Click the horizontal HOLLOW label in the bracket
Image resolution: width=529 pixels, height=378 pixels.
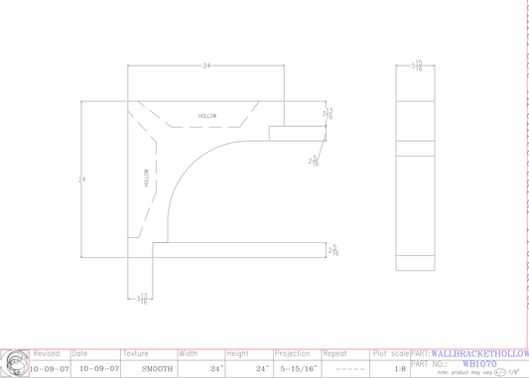(x=207, y=116)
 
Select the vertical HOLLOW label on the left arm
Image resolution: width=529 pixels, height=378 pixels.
(x=146, y=179)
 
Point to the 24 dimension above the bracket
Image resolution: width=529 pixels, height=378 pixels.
(x=206, y=65)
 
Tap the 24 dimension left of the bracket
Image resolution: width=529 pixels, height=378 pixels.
(x=81, y=180)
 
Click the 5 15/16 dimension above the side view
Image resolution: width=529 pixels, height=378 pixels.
(x=418, y=65)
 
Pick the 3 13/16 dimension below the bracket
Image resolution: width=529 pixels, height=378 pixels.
(x=142, y=298)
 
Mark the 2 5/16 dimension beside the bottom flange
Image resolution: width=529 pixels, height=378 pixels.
(x=333, y=252)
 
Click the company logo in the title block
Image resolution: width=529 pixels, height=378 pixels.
(x=15, y=363)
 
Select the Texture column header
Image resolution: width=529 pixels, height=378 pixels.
(x=136, y=353)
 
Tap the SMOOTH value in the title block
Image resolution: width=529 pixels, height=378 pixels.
(x=157, y=368)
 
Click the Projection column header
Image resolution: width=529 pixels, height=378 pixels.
(x=293, y=353)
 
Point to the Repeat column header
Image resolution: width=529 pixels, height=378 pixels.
(x=335, y=353)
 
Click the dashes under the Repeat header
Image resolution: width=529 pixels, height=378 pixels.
(x=350, y=368)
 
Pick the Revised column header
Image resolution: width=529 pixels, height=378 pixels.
(x=47, y=353)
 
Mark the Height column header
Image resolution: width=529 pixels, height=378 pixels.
(x=237, y=353)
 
